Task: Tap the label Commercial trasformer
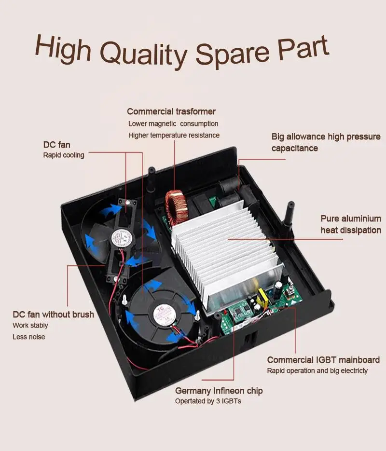click(171, 111)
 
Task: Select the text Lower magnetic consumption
click(173, 124)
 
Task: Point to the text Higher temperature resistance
click(174, 136)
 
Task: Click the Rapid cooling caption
click(64, 155)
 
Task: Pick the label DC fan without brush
click(53, 314)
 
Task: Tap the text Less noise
click(28, 337)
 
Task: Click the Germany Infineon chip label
click(219, 390)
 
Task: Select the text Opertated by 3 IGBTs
click(208, 401)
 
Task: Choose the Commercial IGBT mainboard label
click(323, 360)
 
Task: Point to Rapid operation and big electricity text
click(317, 371)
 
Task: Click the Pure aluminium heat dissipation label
click(350, 224)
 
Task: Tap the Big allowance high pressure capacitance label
click(326, 142)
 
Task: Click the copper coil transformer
click(174, 205)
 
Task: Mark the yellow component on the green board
click(264, 295)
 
